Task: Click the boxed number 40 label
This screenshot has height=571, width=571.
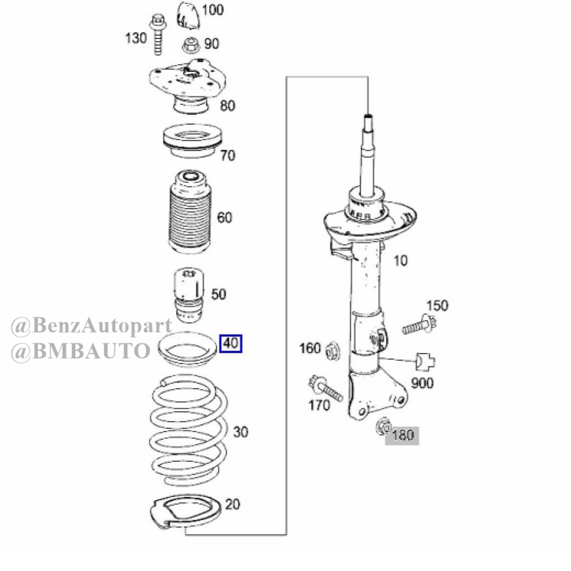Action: pyautogui.click(x=230, y=343)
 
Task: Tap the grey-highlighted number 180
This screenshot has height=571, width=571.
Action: pyautogui.click(x=403, y=435)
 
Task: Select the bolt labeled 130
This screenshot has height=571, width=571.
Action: pyautogui.click(x=158, y=34)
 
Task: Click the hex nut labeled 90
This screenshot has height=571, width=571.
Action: pyautogui.click(x=191, y=46)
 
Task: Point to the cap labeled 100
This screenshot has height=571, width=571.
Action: pyautogui.click(x=188, y=16)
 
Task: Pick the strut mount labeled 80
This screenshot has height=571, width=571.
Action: pyautogui.click(x=187, y=85)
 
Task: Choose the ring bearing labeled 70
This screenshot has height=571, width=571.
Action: pyautogui.click(x=192, y=141)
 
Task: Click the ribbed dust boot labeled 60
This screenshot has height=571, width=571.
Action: pyautogui.click(x=190, y=211)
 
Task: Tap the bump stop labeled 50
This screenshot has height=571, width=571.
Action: pyautogui.click(x=189, y=296)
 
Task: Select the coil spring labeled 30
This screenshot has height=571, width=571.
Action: pyautogui.click(x=188, y=430)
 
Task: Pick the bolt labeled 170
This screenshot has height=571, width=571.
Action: pyautogui.click(x=325, y=388)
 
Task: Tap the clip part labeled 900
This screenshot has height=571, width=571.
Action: pyautogui.click(x=425, y=361)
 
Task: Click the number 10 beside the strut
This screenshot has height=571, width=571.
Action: pyautogui.click(x=400, y=261)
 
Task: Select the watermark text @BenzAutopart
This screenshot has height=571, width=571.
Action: pyautogui.click(x=91, y=326)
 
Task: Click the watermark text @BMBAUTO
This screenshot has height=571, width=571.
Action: pyautogui.click(x=81, y=351)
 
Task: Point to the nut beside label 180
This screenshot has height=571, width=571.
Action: pyautogui.click(x=383, y=426)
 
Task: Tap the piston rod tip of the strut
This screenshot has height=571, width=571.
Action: pyautogui.click(x=368, y=117)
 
